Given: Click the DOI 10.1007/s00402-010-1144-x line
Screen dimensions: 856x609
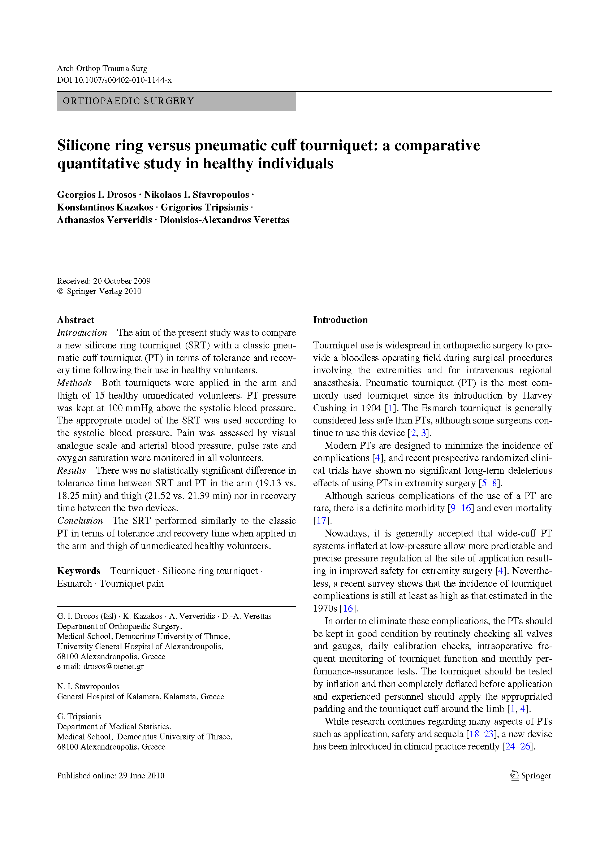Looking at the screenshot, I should (x=114, y=80).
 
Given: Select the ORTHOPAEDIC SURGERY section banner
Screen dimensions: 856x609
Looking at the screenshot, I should (x=176, y=101).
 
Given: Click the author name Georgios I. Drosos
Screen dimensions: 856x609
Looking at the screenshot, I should (x=97, y=195).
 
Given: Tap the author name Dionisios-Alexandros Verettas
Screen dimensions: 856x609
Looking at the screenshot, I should (x=225, y=220).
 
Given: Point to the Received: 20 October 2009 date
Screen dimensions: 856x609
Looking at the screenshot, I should (x=104, y=281).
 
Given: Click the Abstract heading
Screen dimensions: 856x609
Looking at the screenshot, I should (x=76, y=320).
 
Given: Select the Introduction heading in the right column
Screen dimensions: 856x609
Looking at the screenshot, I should (x=340, y=320).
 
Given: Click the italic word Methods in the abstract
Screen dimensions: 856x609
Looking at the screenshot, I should (x=74, y=383).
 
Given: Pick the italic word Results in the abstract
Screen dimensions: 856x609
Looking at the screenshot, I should (x=71, y=470).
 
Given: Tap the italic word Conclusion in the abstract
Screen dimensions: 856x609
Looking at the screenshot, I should (x=80, y=521).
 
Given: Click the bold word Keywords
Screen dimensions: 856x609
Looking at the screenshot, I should (x=79, y=571).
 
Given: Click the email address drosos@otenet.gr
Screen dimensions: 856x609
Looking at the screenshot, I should (x=114, y=666).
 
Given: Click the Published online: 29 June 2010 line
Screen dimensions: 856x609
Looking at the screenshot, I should (x=111, y=775).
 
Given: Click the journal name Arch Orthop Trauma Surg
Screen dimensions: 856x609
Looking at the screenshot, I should (x=102, y=69).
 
